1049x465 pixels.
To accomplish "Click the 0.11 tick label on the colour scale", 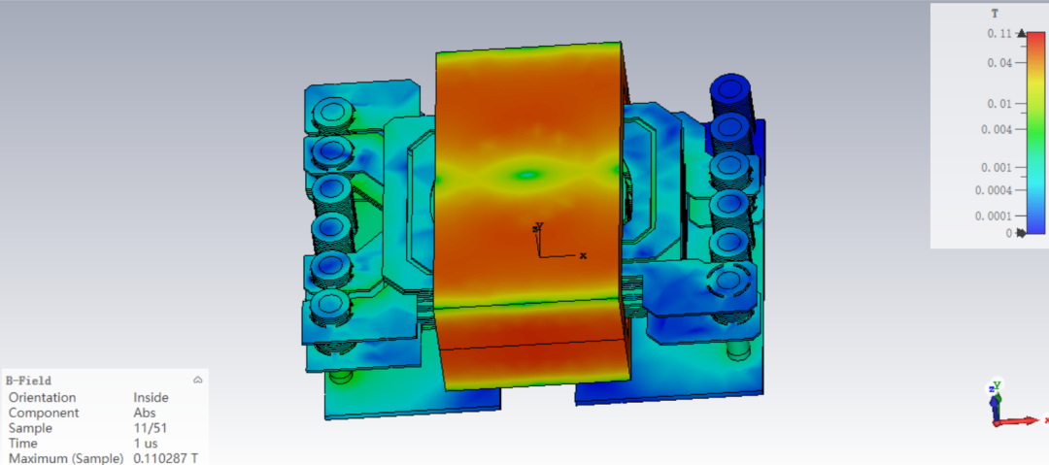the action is pos(999,33).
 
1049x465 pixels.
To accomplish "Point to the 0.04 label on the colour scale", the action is pos(999,63).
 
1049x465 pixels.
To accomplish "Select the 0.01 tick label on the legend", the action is pos(999,104).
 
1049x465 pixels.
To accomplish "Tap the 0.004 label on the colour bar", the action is pos(997,129).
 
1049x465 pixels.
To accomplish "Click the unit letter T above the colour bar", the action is pos(995,13).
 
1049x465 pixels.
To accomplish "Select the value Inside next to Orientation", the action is pos(152,397).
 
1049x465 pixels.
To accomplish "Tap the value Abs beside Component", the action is pos(144,413).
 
